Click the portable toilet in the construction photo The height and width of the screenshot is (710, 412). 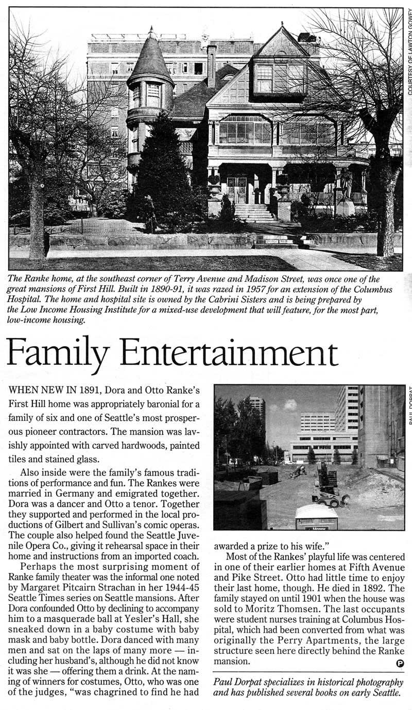click(316, 516)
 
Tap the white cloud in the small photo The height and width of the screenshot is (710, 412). click(290, 405)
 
